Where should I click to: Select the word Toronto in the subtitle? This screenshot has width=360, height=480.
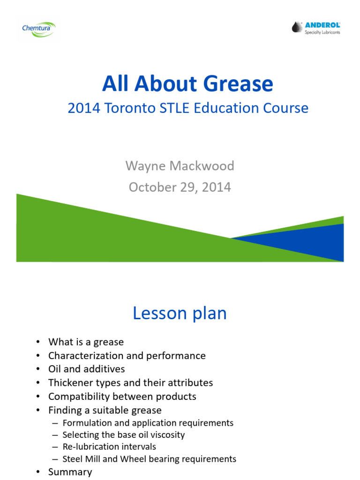point(126,108)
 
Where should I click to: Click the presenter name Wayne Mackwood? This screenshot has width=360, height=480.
point(180,165)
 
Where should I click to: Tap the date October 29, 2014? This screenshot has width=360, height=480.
point(180,187)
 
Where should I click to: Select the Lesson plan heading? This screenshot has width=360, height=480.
point(180,314)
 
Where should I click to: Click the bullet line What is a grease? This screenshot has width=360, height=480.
point(86,342)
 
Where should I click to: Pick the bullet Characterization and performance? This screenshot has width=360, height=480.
point(127,356)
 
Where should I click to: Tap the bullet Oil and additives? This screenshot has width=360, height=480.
point(86,369)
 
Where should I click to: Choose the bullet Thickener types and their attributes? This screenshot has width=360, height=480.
point(130,383)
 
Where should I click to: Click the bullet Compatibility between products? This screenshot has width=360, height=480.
point(122,397)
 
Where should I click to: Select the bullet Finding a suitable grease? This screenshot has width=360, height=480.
point(105,410)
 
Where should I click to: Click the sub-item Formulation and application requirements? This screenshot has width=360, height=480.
point(148,423)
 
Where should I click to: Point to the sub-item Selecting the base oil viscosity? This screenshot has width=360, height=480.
point(123,435)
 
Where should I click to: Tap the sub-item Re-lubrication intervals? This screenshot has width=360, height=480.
point(109,447)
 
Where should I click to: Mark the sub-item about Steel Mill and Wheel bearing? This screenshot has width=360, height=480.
point(149,459)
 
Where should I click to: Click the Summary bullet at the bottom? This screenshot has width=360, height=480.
point(70,472)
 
